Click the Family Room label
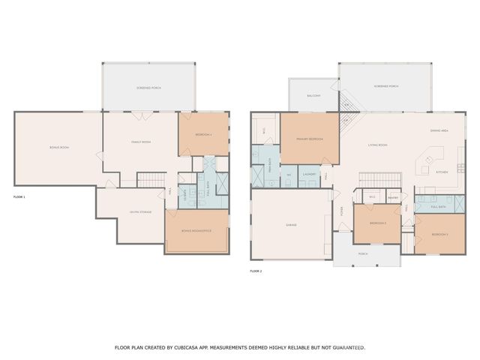[142, 142]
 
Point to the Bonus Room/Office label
[198, 230]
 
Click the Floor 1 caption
[19, 196]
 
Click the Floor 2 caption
[256, 270]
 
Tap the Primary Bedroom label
[309, 138]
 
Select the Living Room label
[377, 145]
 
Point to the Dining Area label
[439, 130]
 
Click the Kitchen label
[442, 172]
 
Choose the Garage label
[291, 225]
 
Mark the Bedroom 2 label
[378, 223]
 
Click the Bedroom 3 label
[440, 235]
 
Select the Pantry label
[392, 198]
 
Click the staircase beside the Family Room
[151, 180]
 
